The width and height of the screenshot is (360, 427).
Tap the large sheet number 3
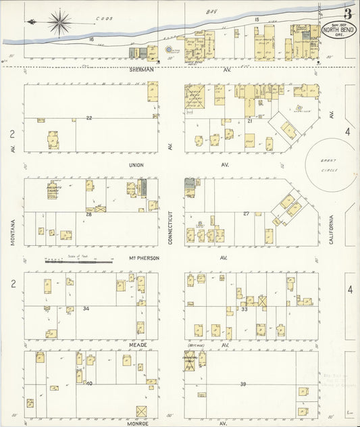coord(348,13)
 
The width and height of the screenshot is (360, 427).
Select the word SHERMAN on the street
coord(143,69)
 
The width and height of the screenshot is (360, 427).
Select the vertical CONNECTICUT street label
coord(172,228)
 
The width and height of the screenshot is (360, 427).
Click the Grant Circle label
coord(332,164)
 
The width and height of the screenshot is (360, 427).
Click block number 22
coord(88,118)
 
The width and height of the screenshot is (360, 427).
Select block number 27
coord(247,214)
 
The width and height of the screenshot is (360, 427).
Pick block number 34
coord(86,308)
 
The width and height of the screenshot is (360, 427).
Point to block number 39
coord(243,383)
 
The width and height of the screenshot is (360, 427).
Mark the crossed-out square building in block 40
coord(142,411)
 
